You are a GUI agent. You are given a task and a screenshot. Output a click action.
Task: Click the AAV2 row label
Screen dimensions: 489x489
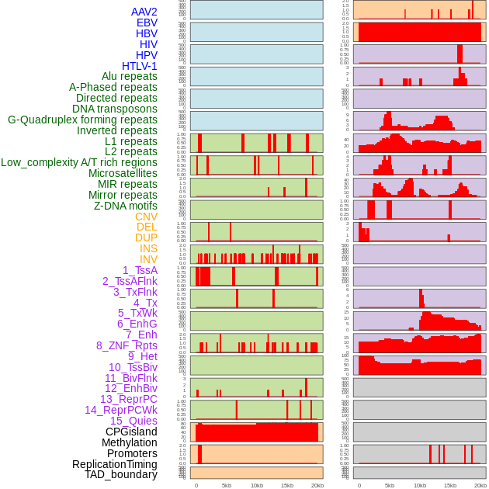144,12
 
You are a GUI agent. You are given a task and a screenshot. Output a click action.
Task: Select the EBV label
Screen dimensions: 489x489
147,23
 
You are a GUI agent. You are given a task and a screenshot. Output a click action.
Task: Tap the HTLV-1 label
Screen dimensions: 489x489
140,66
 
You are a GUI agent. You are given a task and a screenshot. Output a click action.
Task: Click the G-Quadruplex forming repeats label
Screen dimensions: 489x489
82,120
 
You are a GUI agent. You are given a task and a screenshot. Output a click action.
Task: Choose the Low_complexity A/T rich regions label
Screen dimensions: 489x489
79,162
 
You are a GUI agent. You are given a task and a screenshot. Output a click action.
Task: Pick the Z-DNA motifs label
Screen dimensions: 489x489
125,206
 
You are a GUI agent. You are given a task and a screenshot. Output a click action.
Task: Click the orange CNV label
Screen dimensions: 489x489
146,217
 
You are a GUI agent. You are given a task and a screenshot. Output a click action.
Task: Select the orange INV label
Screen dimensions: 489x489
148,259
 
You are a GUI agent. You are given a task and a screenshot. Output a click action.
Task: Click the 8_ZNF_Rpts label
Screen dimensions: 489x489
127,345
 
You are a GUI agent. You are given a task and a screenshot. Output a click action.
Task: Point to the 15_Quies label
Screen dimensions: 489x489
134,421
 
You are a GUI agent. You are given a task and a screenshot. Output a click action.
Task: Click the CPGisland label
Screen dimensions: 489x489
131,432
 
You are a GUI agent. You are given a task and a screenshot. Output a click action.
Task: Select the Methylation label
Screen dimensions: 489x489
130,442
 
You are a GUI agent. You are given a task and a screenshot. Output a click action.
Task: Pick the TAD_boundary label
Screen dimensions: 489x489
121,474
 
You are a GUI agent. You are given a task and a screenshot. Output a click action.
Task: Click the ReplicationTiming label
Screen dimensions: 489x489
115,464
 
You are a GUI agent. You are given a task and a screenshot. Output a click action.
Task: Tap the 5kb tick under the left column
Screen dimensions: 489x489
227,485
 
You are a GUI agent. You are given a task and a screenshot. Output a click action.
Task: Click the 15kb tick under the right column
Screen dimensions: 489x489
449,485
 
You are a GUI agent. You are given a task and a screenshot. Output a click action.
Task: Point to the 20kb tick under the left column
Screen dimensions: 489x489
317,485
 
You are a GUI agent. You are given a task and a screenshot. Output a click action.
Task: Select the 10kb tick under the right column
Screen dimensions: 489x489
420,485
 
